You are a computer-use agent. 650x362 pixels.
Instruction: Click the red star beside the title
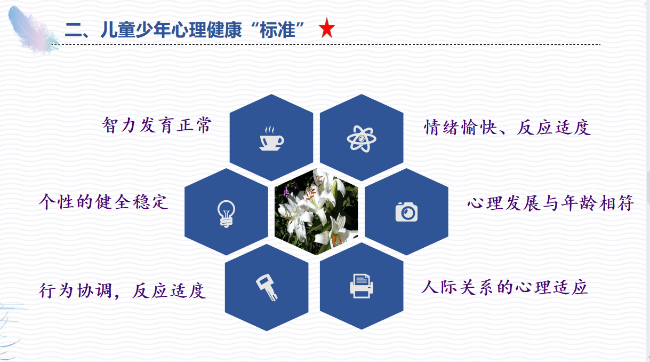coord(327,28)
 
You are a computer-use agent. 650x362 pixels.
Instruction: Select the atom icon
coord(362,139)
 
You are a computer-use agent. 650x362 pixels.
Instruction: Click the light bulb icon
coord(226,214)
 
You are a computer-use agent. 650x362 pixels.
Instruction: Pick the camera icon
coord(406,212)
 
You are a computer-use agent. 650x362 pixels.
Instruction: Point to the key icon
coord(267,287)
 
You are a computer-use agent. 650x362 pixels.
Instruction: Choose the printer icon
coord(362,286)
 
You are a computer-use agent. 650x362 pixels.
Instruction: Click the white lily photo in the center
coord(316,212)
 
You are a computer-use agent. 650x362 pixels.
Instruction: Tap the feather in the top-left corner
coord(33,30)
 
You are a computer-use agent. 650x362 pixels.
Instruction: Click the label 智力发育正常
coord(157,125)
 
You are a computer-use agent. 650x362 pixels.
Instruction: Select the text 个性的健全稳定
coord(103,202)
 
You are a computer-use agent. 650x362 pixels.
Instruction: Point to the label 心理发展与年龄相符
coord(550,203)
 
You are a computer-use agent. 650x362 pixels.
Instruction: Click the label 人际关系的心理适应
coord(504,287)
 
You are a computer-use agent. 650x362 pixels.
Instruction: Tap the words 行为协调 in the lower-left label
coord(75,290)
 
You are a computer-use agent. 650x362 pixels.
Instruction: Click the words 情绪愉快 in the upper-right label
coord(461,127)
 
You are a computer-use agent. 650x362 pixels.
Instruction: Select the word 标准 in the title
coord(278,30)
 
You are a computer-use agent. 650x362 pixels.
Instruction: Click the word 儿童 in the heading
coord(118,30)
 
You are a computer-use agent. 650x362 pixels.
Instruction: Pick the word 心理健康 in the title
coord(206,30)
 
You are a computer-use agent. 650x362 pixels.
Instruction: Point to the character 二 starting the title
coord(74,30)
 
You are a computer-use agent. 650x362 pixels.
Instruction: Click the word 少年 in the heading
coord(153,30)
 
